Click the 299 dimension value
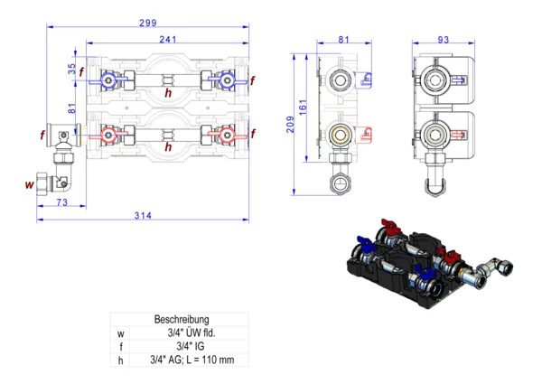point(148,22)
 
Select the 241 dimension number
point(167,39)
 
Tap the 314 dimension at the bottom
point(143,214)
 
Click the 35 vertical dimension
point(72,69)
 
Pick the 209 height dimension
point(290,124)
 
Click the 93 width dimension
point(443,39)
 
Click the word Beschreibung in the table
point(183,319)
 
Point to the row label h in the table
point(120,359)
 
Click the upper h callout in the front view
point(167,92)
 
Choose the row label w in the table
point(120,332)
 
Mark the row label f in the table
point(120,345)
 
